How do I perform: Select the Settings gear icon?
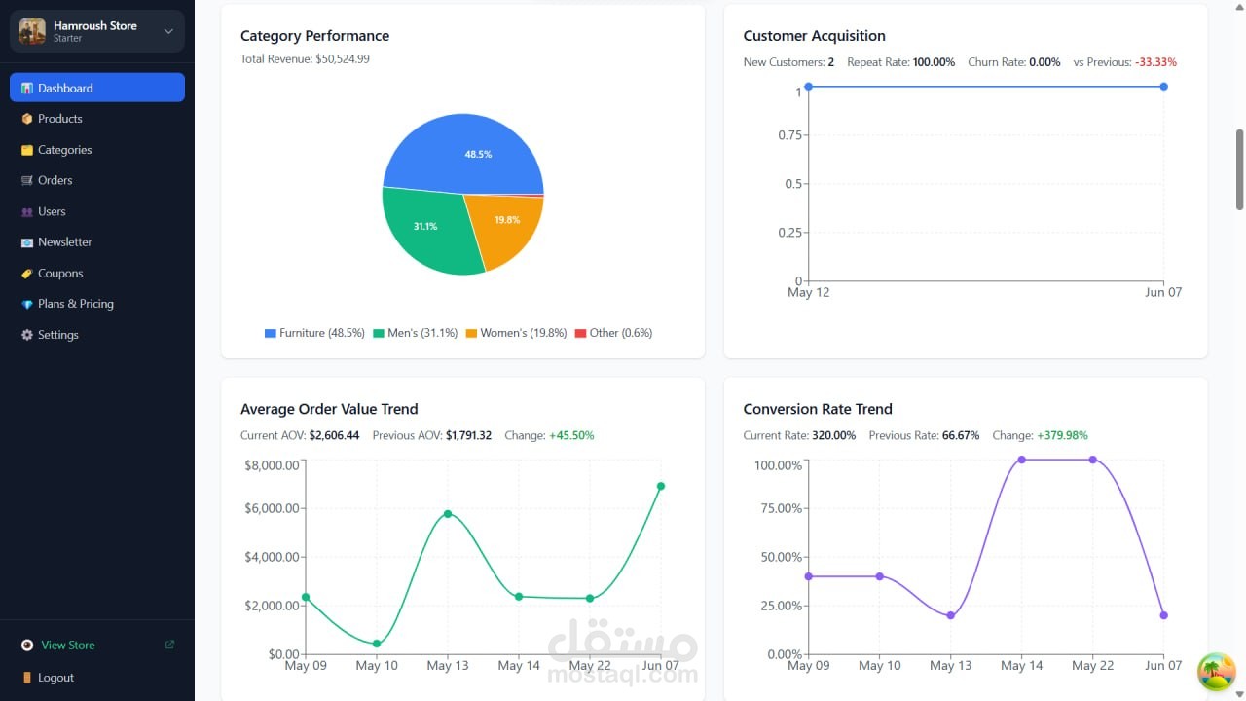(x=26, y=334)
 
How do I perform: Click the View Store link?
(x=68, y=645)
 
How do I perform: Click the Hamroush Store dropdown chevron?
(x=168, y=31)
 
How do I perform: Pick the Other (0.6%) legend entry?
(x=613, y=333)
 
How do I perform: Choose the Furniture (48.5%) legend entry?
(x=314, y=333)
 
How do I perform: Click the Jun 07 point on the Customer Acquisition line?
(x=1163, y=87)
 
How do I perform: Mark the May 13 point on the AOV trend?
(x=448, y=513)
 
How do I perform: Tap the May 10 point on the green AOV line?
(x=377, y=644)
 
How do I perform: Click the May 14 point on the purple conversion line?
(x=1022, y=460)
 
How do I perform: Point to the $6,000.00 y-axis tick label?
(x=272, y=508)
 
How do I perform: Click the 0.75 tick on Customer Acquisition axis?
(x=789, y=135)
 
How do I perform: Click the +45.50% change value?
(x=571, y=435)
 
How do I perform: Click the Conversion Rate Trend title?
(x=818, y=409)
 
